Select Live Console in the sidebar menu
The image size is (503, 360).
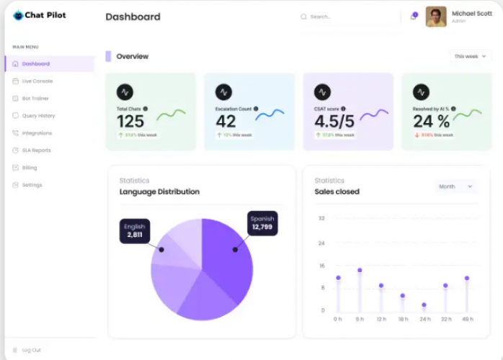pyautogui.click(x=37, y=81)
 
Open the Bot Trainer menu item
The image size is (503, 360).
pyautogui.click(x=35, y=99)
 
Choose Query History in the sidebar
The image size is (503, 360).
pyautogui.click(x=38, y=116)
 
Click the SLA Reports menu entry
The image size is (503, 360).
pyautogui.click(x=36, y=150)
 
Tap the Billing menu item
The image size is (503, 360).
pyautogui.click(x=29, y=168)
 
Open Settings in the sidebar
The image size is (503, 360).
pyautogui.click(x=32, y=185)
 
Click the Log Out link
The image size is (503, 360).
pyautogui.click(x=31, y=350)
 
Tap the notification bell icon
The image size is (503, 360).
pyautogui.click(x=414, y=17)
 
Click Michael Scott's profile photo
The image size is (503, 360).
pyautogui.click(x=436, y=17)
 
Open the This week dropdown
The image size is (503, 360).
pyautogui.click(x=470, y=56)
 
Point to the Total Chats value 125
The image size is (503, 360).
pyautogui.click(x=130, y=122)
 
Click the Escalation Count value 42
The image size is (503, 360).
pyautogui.click(x=226, y=122)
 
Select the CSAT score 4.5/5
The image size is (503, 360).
pyautogui.click(x=334, y=122)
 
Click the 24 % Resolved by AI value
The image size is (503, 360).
pyautogui.click(x=431, y=122)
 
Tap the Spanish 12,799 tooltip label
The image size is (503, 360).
pyautogui.click(x=262, y=223)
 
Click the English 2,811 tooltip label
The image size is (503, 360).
pyautogui.click(x=135, y=230)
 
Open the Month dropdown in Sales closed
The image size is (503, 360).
pyautogui.click(x=455, y=186)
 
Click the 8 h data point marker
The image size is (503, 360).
pyautogui.click(x=360, y=271)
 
